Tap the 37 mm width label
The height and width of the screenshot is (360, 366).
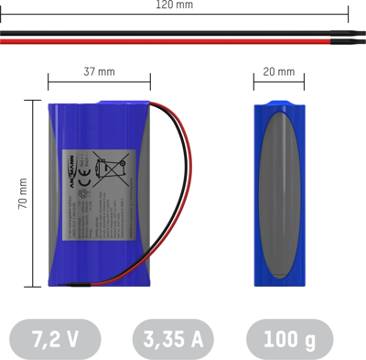pos(99,71)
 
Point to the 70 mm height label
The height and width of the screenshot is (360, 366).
pos(23,193)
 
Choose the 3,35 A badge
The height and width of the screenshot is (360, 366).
pos(173,339)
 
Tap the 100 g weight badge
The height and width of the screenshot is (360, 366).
pos(290,339)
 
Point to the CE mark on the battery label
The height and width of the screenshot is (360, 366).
pos(85,181)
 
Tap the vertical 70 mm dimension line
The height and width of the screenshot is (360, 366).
pos(38,193)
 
